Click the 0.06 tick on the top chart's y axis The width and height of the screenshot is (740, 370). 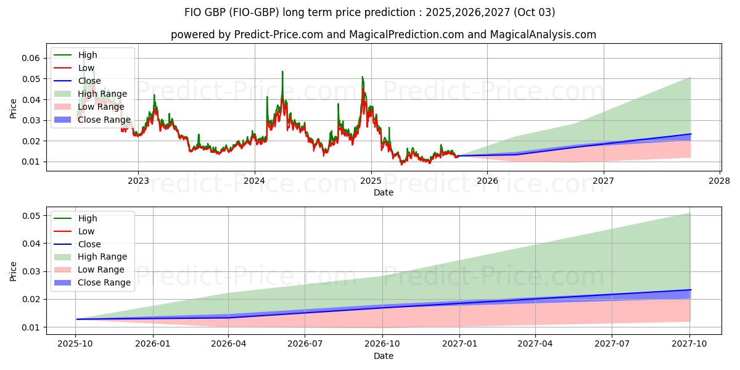(32, 58)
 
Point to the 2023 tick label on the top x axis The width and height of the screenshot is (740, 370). (138, 181)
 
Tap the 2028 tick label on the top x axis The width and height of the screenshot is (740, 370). (720, 181)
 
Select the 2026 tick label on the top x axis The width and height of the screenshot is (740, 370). (487, 181)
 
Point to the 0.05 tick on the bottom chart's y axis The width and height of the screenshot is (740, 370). (32, 216)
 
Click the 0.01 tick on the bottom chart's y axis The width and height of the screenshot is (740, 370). (32, 327)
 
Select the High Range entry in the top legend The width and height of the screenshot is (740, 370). (102, 94)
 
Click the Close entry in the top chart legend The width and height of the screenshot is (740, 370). (89, 81)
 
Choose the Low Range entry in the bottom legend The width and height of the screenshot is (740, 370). (101, 269)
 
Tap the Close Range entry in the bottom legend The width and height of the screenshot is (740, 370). (104, 282)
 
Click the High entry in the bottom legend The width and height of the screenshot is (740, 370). (88, 218)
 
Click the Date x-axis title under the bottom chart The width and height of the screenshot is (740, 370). (383, 356)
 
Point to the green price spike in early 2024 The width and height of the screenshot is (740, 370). (282, 72)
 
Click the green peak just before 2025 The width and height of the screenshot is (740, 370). (362, 78)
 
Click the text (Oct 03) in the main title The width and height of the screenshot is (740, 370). (537, 12)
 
